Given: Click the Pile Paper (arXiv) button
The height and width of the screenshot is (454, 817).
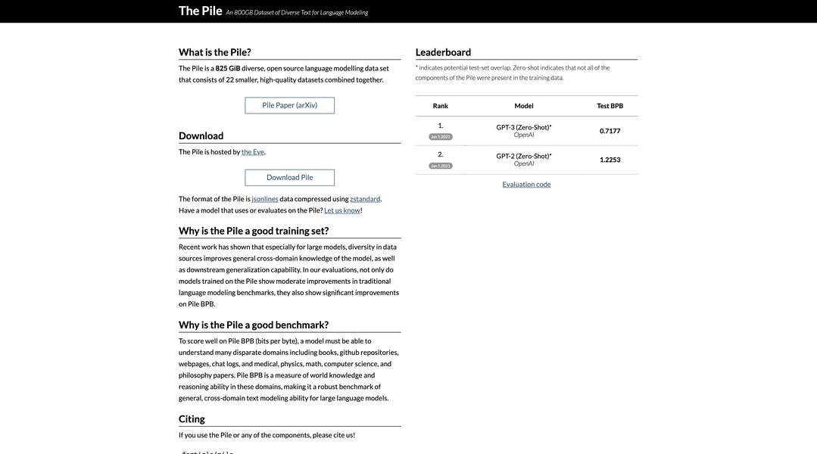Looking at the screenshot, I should pyautogui.click(x=289, y=105).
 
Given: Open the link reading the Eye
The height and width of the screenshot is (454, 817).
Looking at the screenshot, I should pyautogui.click(x=253, y=151).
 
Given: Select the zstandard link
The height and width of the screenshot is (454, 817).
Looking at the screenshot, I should pyautogui.click(x=365, y=199).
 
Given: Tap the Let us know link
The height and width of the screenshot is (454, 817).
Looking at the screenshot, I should pyautogui.click(x=342, y=210).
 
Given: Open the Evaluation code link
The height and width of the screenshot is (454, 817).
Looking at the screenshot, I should pyautogui.click(x=526, y=184).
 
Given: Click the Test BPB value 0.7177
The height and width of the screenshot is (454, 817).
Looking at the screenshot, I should pyautogui.click(x=610, y=131).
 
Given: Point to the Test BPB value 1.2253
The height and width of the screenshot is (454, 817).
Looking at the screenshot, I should pyautogui.click(x=610, y=160).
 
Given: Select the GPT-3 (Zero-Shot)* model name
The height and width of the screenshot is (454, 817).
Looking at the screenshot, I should pyautogui.click(x=524, y=127).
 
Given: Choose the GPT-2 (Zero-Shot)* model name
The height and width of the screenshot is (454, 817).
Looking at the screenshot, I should pyautogui.click(x=524, y=156).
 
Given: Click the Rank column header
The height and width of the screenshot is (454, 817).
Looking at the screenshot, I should pyautogui.click(x=441, y=106).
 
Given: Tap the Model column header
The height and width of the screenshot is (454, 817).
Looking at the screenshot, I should pyautogui.click(x=524, y=106).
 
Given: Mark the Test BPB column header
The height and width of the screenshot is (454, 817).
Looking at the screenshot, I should pyautogui.click(x=610, y=106).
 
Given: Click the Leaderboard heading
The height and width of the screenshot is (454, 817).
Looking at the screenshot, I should pyautogui.click(x=443, y=52).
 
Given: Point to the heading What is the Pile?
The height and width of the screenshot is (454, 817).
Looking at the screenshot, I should pyautogui.click(x=214, y=52).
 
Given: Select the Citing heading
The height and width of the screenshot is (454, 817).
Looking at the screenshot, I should pyautogui.click(x=192, y=419).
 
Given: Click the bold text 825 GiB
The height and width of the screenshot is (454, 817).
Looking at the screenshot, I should pyautogui.click(x=228, y=68).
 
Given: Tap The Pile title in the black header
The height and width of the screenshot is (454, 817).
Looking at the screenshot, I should pyautogui.click(x=200, y=11).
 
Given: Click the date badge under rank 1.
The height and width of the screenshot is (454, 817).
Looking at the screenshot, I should pyautogui.click(x=441, y=137).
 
